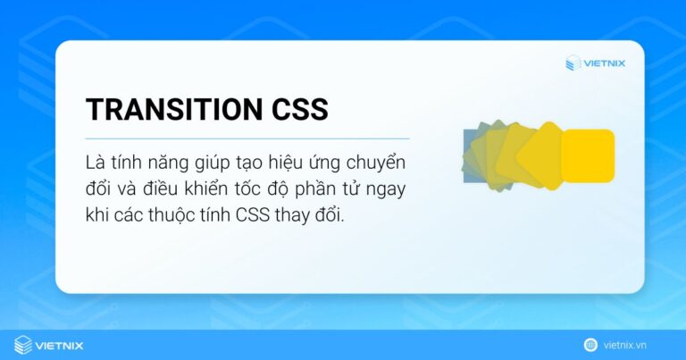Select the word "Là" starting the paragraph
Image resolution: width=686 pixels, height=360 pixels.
pos(96,165)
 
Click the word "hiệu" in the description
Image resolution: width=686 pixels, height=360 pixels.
pos(291,165)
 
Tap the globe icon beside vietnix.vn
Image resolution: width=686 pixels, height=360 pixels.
pos(590,345)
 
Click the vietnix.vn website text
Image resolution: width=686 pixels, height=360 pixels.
pos(637,345)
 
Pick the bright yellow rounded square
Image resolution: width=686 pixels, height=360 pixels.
pos(587,155)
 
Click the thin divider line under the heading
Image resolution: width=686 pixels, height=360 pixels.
pos(247,138)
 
